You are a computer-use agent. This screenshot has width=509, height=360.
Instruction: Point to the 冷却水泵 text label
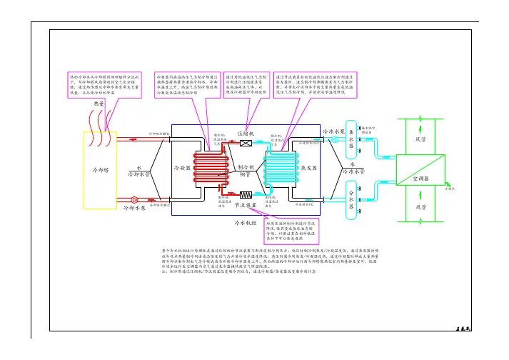coord(135,209)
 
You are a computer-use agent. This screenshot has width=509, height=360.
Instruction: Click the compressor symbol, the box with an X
coord(245,144)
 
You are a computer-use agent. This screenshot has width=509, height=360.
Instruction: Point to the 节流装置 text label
coord(246,204)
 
